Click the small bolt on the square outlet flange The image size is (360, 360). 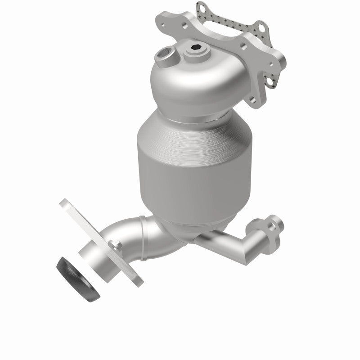click(118, 245)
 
